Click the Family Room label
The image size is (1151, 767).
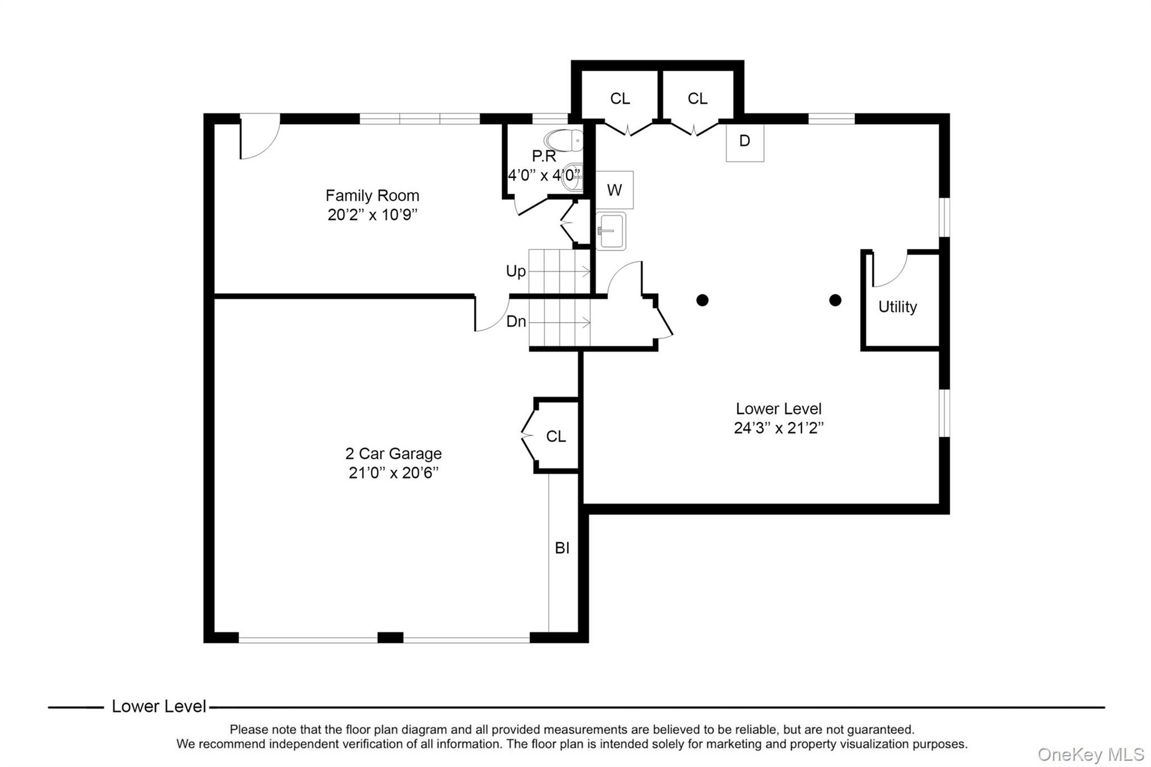coord(372,195)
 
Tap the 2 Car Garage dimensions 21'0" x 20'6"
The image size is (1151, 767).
coord(393,473)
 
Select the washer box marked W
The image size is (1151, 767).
coord(614,190)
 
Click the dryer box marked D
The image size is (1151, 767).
coord(745,142)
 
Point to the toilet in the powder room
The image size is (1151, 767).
coord(564,140)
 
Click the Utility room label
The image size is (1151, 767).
coord(897,307)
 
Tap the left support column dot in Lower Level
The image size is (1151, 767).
coord(703,300)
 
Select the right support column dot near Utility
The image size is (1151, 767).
coord(835,300)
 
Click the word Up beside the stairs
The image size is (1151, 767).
coord(516,272)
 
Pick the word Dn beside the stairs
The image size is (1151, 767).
coord(516,321)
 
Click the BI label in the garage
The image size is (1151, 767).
coord(562,548)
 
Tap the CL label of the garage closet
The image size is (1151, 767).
coord(556,437)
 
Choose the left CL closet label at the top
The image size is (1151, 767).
coord(620,98)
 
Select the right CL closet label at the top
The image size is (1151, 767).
coord(697,98)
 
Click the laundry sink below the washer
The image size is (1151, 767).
coord(611,231)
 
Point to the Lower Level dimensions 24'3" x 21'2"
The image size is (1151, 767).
coord(779,428)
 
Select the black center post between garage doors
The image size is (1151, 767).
coord(390,637)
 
